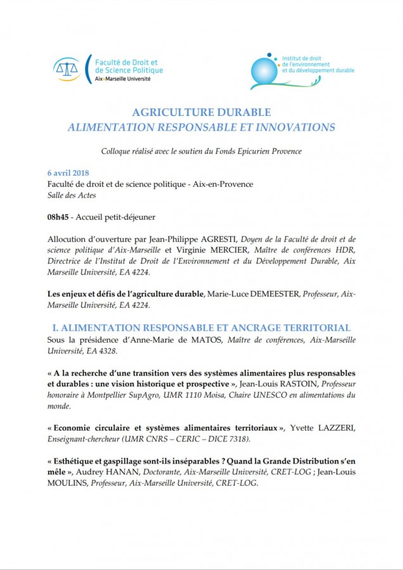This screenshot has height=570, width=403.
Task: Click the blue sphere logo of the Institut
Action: click(x=264, y=72)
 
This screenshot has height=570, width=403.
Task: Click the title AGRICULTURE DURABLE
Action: click(x=201, y=112)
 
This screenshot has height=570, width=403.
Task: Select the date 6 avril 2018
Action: click(x=68, y=173)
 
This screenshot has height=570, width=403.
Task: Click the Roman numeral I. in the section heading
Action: click(x=54, y=327)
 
